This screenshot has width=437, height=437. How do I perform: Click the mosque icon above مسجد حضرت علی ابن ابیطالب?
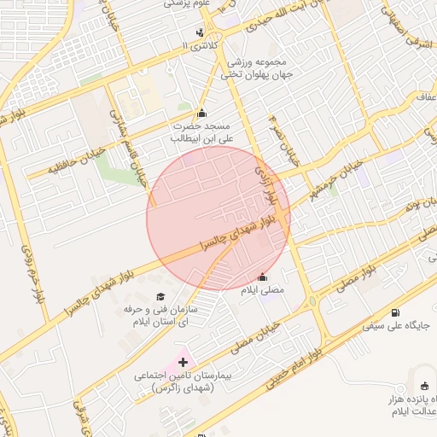pyautogui.click(x=201, y=113)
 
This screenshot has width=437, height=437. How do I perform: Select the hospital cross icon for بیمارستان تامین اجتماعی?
pyautogui.click(x=183, y=363)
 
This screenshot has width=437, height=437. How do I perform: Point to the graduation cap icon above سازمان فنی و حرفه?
pyautogui.click(x=160, y=295)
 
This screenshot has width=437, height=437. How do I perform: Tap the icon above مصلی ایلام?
pyautogui.click(x=262, y=277)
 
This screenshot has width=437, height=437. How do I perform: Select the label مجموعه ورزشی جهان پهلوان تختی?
pyautogui.click(x=259, y=69)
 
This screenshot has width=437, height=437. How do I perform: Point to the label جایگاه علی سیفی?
pyautogui.click(x=399, y=326)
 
